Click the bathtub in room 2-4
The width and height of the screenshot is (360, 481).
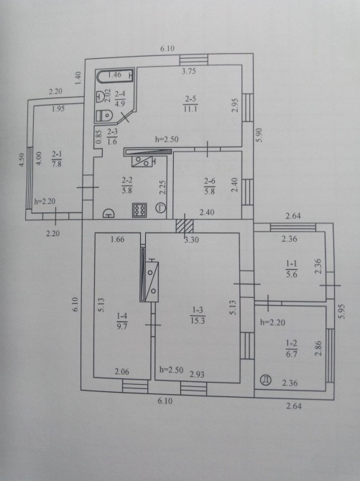(115, 76)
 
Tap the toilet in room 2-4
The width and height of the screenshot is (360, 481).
(104, 116)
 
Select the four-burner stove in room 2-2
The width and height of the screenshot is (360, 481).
(139, 210)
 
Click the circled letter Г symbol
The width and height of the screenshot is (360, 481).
(161, 208)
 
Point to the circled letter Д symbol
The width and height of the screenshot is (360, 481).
(265, 380)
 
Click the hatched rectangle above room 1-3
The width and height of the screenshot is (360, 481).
(184, 226)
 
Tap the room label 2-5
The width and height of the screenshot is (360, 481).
(190, 99)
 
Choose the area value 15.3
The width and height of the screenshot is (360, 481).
(198, 321)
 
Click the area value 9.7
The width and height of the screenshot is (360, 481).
(121, 326)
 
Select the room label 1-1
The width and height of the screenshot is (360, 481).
(292, 263)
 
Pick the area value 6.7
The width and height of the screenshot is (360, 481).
(292, 354)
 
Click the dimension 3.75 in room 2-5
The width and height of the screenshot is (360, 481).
(188, 71)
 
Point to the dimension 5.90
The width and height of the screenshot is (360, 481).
(259, 135)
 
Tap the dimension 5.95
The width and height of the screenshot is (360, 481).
(341, 312)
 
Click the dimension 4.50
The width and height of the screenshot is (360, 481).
(22, 160)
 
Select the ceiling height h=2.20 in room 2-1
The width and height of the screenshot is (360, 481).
(45, 202)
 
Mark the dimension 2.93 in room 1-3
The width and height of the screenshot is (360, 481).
(197, 374)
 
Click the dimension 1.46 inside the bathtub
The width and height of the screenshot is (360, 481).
(114, 74)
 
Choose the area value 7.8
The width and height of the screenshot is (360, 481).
(57, 164)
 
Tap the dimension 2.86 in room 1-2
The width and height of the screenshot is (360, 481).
(318, 348)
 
